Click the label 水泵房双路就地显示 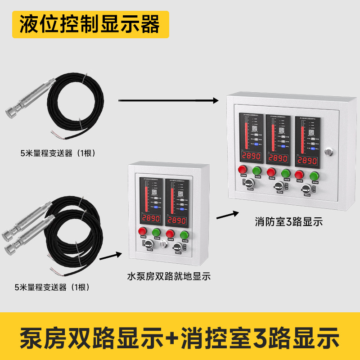pos(169,276)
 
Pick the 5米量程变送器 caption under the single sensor pos(56,153)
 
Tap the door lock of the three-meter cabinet pos(331,151)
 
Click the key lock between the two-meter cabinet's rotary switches pos(164,243)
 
